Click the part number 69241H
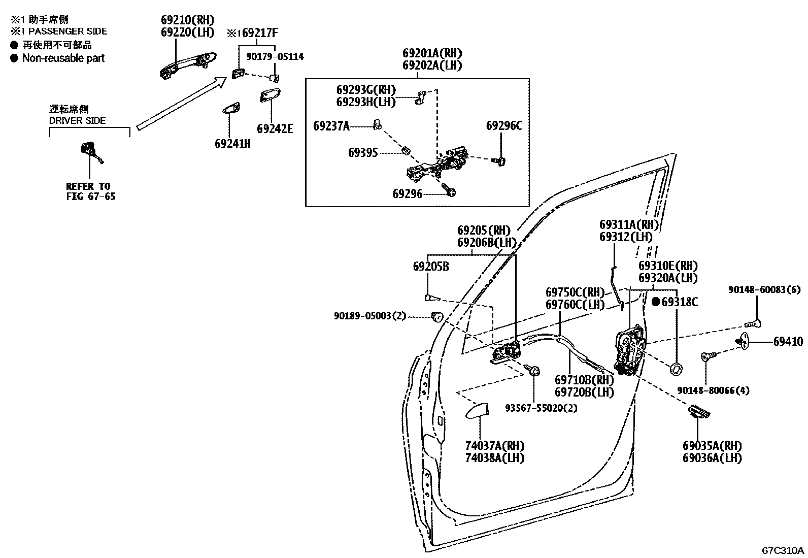pos(232,144)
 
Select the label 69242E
pos(275,128)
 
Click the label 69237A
pos(331,126)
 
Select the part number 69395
pos(362,152)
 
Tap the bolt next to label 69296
pos(449,190)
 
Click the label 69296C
pos(503,126)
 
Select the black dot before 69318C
pos(655,302)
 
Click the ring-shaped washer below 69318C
pos(677,369)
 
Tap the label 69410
pos(788,342)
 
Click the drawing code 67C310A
pos(783,550)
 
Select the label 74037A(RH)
pos(494,445)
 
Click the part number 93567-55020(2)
pos(541,408)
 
